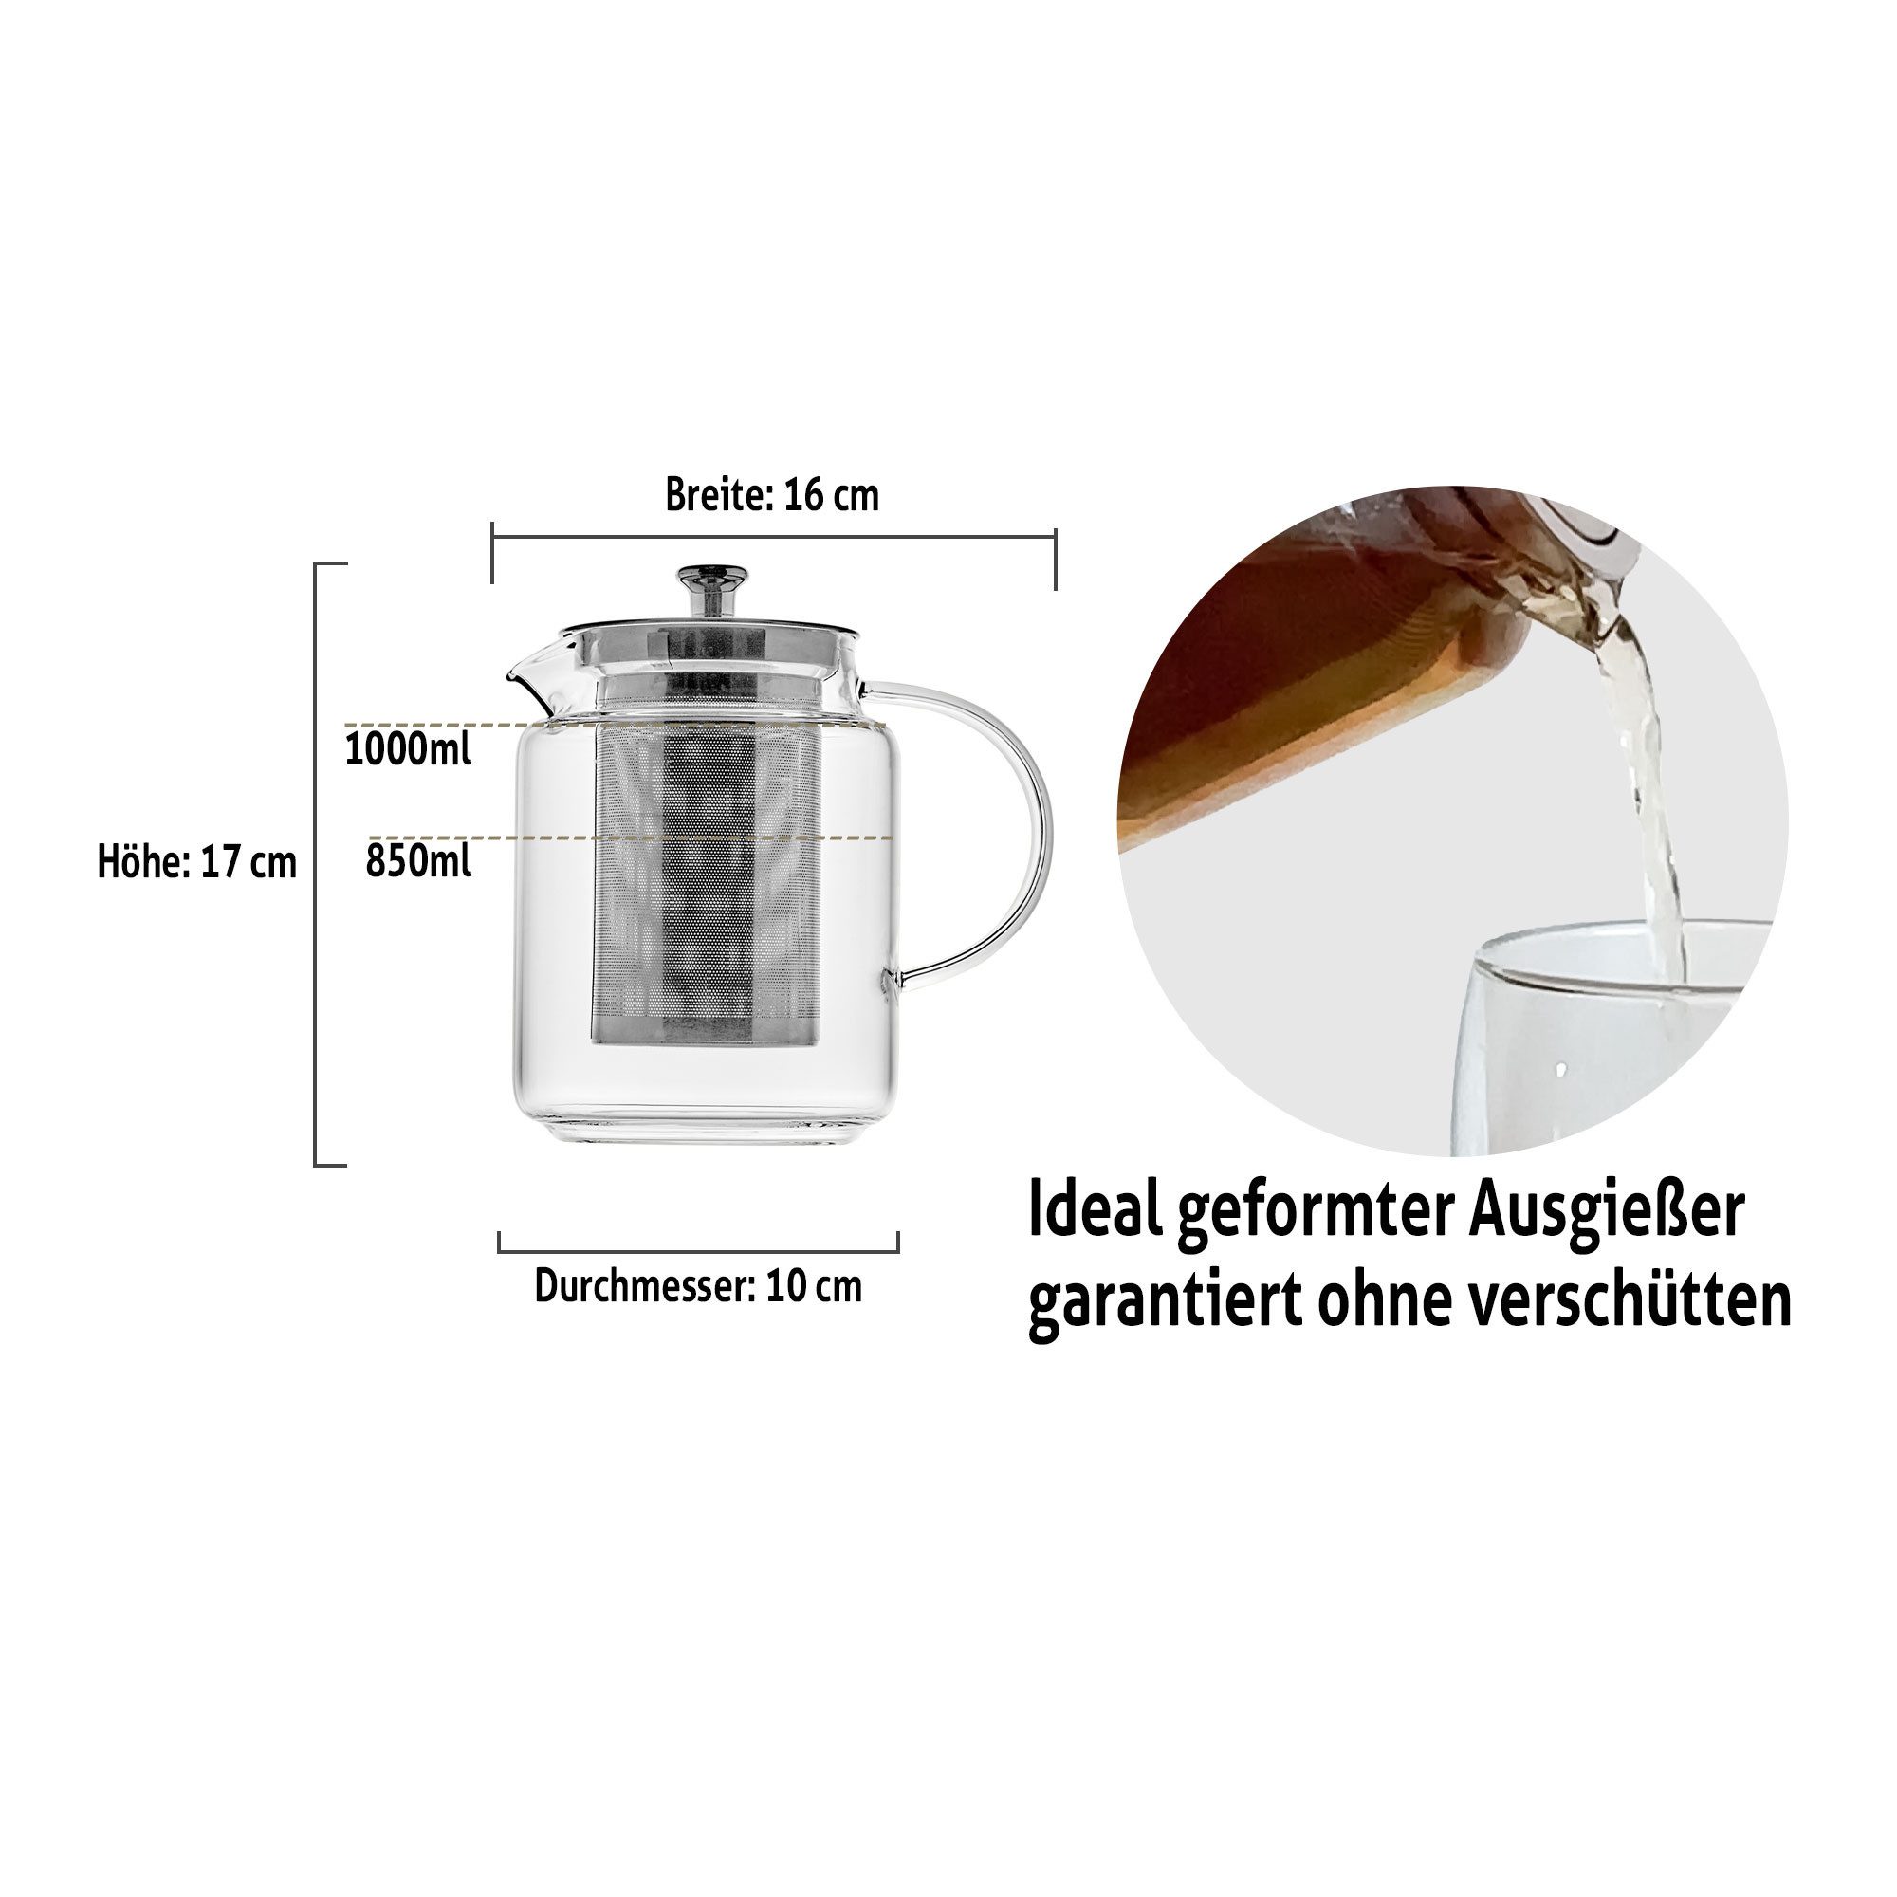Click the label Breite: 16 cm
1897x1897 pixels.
772,496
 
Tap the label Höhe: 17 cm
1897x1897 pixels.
196,862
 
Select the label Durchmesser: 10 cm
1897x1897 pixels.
698,1286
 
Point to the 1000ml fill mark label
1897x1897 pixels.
408,750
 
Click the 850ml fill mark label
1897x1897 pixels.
418,861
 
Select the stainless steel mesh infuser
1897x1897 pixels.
705,884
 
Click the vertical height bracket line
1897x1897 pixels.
316,864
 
